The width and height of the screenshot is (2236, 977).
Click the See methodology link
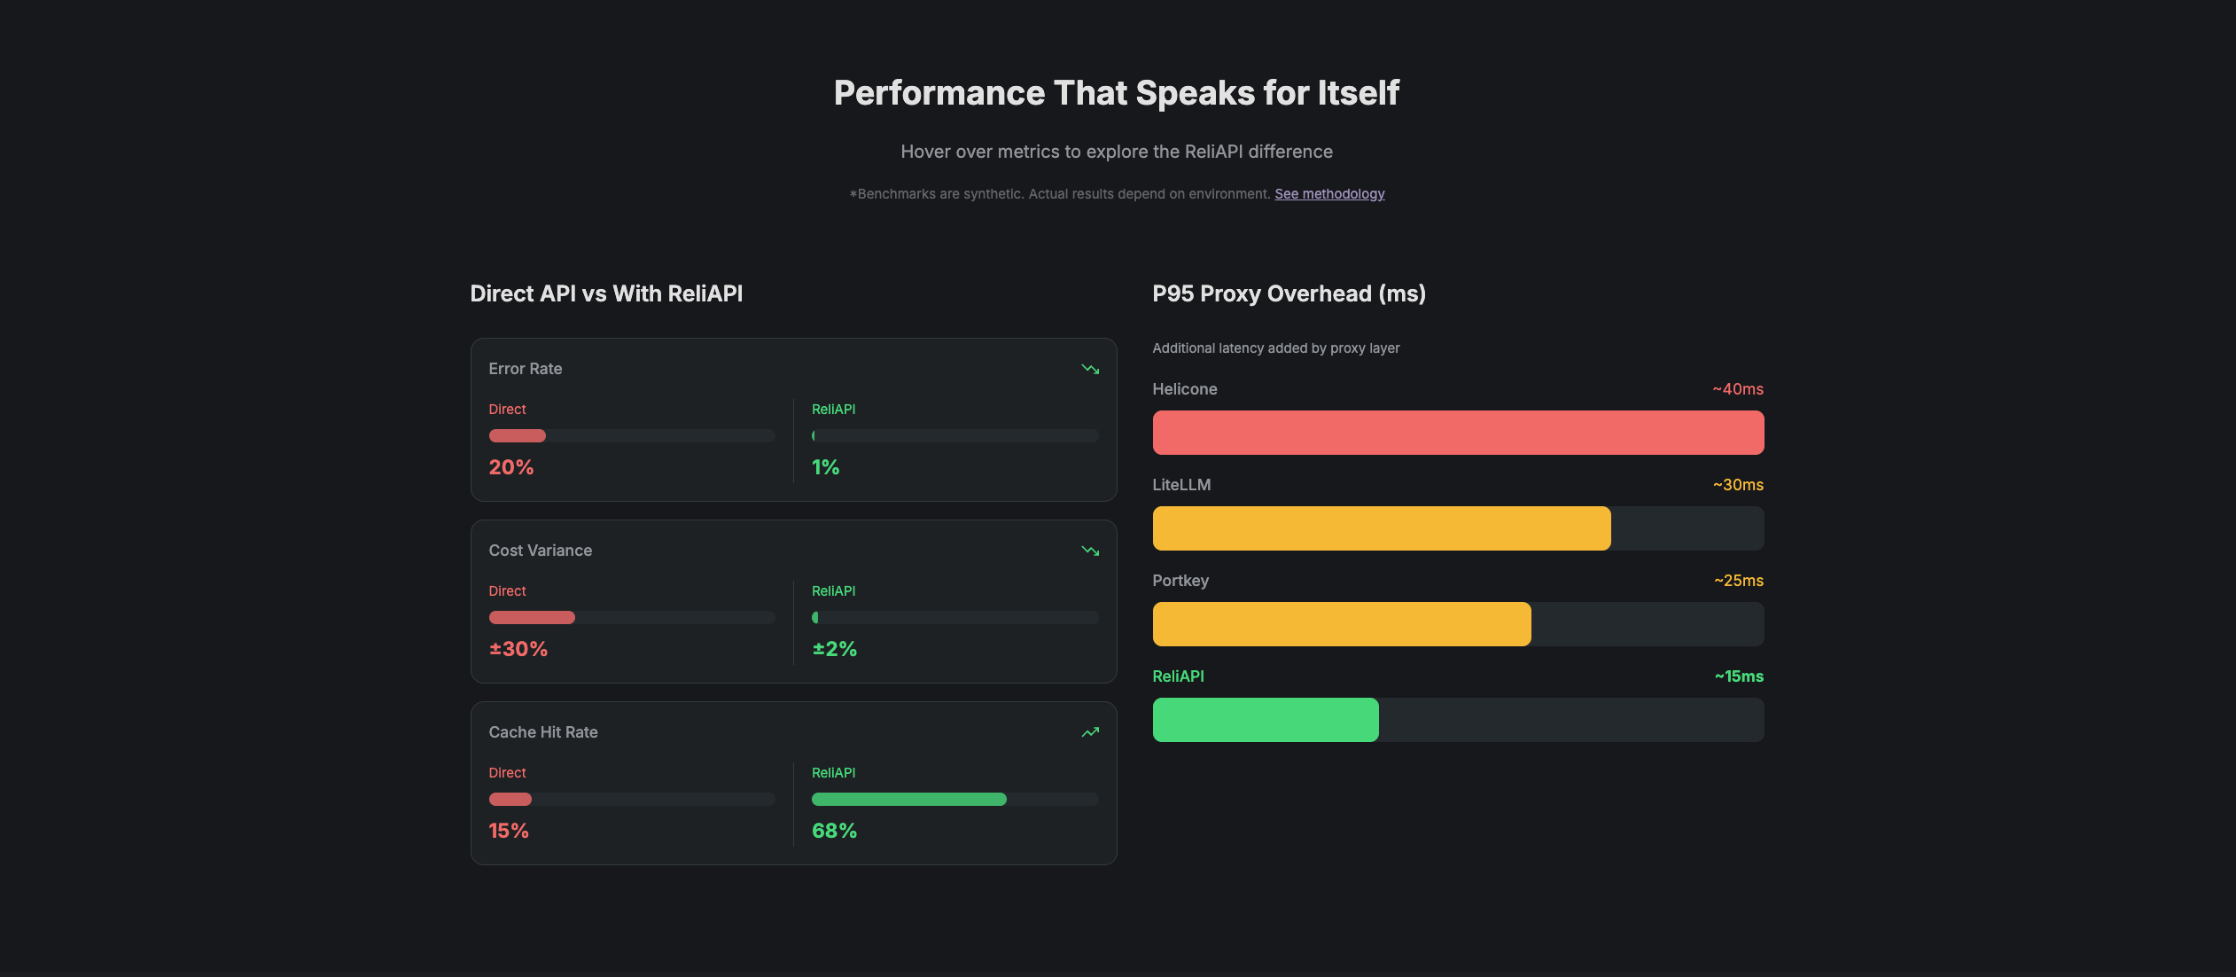click(1329, 194)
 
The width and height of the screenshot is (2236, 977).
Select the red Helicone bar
click(1458, 433)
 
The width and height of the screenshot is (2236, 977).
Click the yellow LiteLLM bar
click(1381, 528)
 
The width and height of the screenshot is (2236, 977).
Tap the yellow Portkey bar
click(1341, 624)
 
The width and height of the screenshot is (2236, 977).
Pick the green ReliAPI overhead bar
click(1265, 720)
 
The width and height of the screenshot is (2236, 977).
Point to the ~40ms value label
click(1737, 389)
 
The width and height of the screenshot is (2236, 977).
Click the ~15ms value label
click(1738, 676)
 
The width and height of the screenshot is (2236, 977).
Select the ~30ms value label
click(1737, 485)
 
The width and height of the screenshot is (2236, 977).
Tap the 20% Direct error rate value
click(511, 467)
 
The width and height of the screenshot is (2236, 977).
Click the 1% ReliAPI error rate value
click(825, 467)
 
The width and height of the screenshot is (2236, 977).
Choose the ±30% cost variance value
click(518, 649)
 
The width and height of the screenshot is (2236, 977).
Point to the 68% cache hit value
click(834, 831)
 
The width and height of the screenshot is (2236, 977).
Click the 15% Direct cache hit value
click(509, 831)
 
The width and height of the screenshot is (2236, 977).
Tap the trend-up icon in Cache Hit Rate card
click(1090, 732)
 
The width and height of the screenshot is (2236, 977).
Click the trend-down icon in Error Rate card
click(1090, 369)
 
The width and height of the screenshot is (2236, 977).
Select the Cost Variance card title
click(541, 551)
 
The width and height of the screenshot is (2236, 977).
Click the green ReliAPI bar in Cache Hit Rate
click(908, 800)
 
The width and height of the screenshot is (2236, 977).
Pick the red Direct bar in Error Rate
click(518, 436)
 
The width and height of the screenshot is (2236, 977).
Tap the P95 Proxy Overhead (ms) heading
click(1289, 293)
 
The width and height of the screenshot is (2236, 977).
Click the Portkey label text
click(1180, 581)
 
